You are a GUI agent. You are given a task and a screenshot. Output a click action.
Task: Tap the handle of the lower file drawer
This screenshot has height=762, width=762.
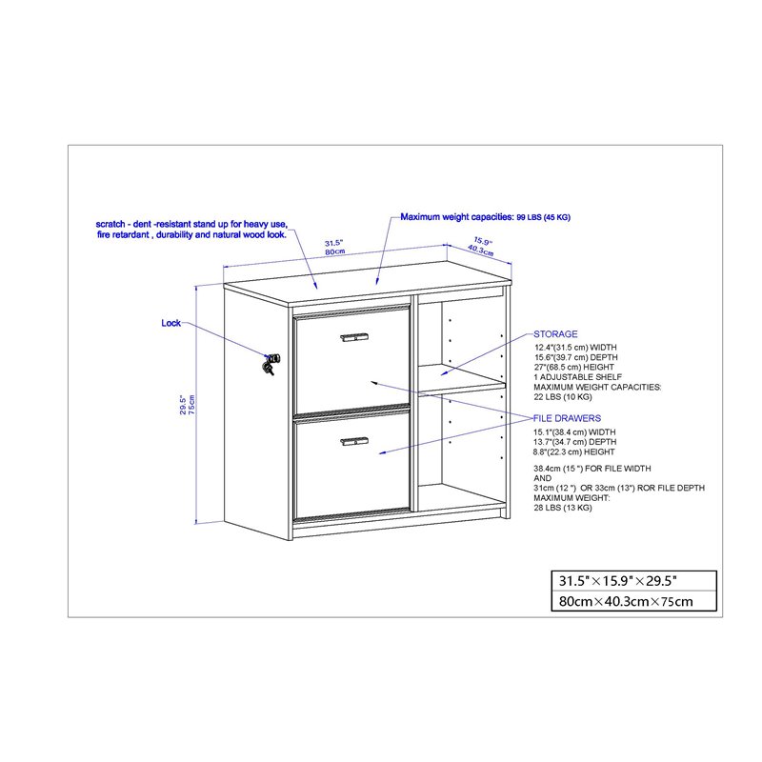[x=354, y=440]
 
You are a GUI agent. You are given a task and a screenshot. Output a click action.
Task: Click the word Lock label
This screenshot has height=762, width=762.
[x=170, y=324]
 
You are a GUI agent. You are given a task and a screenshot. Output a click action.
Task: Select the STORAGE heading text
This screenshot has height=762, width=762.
[x=555, y=334]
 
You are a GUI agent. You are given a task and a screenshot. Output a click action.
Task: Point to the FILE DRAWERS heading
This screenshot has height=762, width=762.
[x=567, y=418]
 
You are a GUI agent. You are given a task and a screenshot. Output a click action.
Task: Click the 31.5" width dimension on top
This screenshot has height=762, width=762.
[x=333, y=242]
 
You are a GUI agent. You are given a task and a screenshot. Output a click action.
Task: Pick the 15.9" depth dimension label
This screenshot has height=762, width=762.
[x=482, y=241]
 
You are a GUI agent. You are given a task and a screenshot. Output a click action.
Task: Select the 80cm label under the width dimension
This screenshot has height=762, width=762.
[x=333, y=251]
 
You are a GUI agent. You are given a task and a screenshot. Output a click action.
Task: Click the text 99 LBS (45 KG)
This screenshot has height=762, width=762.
[x=543, y=218]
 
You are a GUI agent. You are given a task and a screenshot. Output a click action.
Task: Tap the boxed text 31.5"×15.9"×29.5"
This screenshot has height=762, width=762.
[x=618, y=580]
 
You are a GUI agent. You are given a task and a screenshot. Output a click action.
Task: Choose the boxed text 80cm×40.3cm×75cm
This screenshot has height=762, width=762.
[x=624, y=601]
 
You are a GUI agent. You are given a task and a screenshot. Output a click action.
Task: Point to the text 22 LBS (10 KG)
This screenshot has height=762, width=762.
[x=562, y=397]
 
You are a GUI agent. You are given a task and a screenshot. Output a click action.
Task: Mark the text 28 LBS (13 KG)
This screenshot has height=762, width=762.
[x=563, y=508]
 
